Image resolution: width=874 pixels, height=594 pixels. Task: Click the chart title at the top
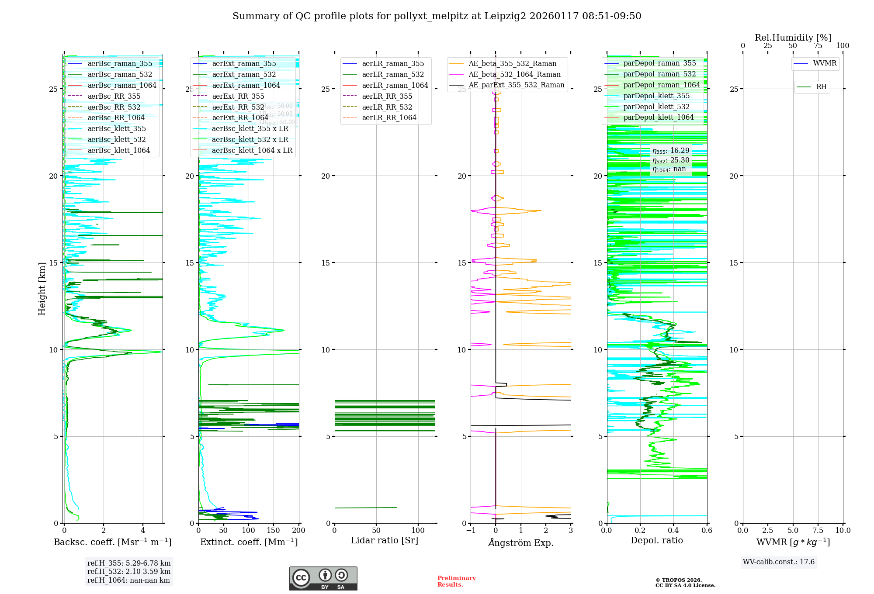click(x=437, y=16)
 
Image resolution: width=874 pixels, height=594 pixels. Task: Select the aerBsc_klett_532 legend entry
click(x=116, y=139)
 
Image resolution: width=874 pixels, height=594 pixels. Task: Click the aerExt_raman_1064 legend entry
click(x=246, y=85)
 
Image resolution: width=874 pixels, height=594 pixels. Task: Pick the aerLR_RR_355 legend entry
click(x=387, y=96)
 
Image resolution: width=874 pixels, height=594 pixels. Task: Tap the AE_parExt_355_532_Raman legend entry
click(x=516, y=85)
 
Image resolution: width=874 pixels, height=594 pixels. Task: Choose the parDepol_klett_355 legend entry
click(x=656, y=96)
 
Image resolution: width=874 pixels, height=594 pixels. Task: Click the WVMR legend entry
click(x=825, y=63)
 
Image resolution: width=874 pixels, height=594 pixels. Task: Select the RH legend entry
click(x=821, y=87)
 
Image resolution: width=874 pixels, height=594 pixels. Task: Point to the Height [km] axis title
click(x=42, y=288)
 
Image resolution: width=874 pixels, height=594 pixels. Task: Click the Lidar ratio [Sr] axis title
click(x=385, y=540)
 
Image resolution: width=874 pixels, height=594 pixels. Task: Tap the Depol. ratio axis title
click(x=656, y=540)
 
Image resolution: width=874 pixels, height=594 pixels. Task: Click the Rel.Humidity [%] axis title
click(x=793, y=38)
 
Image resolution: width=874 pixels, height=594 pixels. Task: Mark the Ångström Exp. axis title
click(x=520, y=542)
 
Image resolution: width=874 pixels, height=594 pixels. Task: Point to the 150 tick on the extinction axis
click(x=274, y=530)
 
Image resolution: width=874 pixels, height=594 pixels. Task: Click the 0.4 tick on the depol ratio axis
click(x=673, y=530)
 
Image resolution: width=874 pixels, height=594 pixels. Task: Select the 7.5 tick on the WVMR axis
click(x=818, y=530)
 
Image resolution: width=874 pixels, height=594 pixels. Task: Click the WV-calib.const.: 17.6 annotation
click(x=779, y=562)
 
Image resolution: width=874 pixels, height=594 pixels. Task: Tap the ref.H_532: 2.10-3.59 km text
click(x=128, y=571)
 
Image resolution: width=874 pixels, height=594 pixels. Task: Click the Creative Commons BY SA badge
click(x=323, y=578)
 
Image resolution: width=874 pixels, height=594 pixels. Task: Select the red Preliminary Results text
click(x=456, y=581)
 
